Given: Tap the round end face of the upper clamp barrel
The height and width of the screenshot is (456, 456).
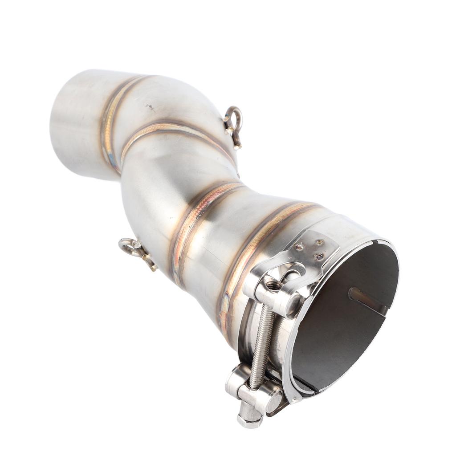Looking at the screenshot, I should click(x=294, y=304).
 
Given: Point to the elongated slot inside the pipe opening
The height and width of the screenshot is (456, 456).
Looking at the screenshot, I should click(x=367, y=300).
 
